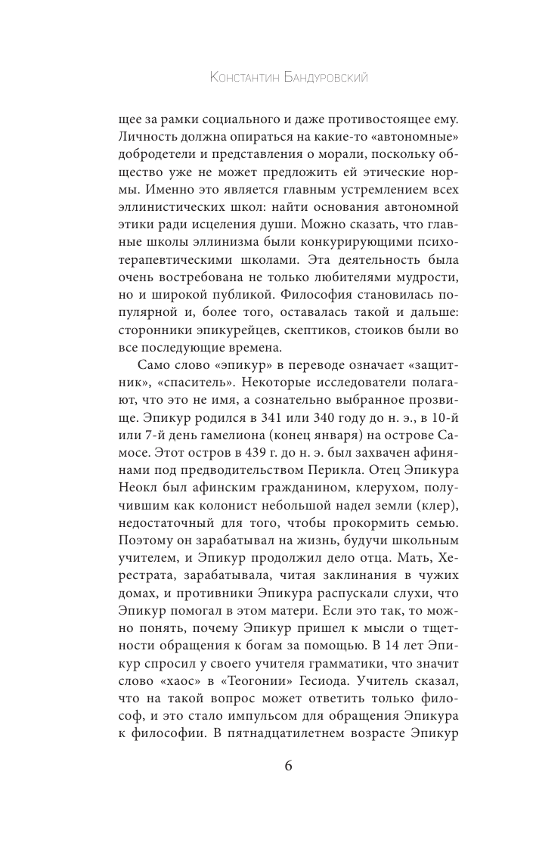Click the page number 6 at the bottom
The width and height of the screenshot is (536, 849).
[268, 766]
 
